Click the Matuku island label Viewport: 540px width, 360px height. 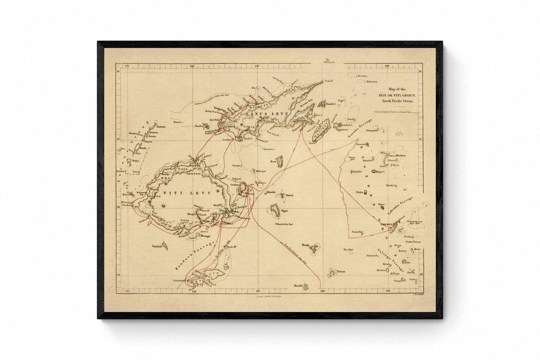pos(298,286)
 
